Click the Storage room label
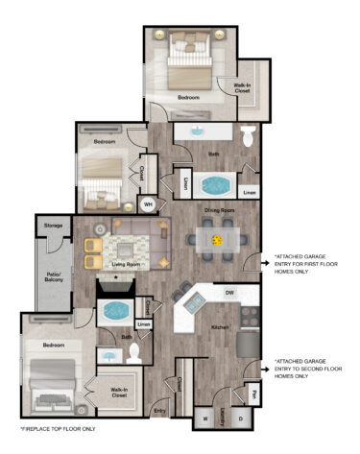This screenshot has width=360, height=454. (53, 227)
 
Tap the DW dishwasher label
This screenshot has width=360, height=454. (229, 292)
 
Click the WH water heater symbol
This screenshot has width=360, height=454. (148, 203)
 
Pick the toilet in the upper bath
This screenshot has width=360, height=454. (247, 137)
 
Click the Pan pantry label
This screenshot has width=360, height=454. (253, 392)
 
